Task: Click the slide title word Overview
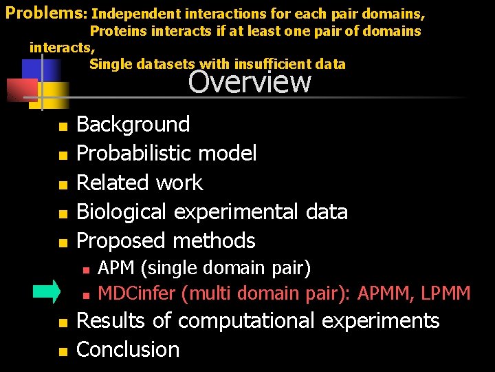click(250, 82)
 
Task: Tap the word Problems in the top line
click(43, 12)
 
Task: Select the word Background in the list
click(133, 124)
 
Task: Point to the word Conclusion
click(128, 349)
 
